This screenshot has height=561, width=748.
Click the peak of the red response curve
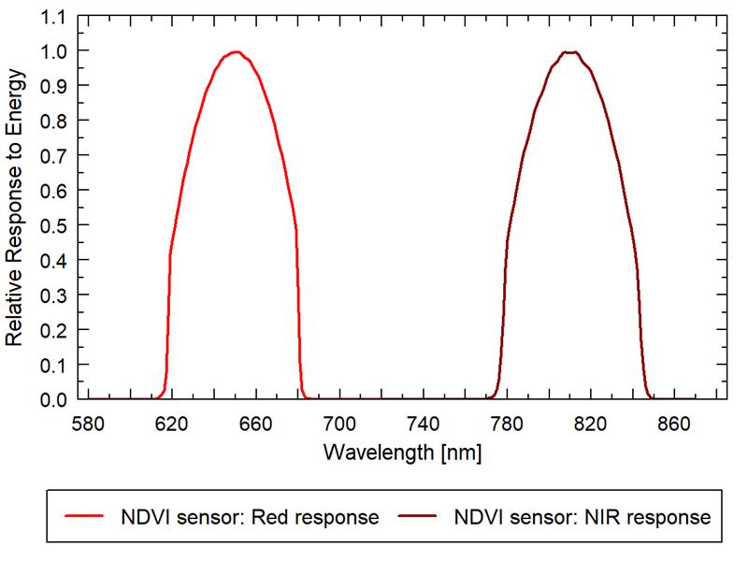(236, 52)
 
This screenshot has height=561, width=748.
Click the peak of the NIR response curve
(569, 52)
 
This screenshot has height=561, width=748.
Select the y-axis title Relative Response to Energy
(16, 208)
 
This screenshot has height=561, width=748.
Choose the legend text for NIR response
(582, 517)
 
